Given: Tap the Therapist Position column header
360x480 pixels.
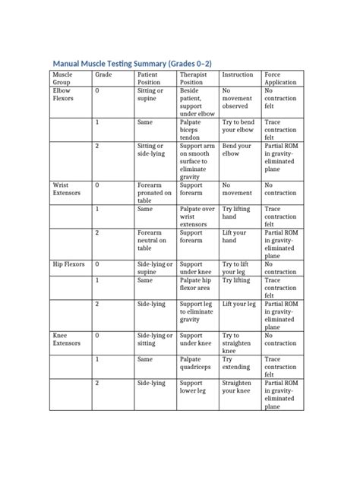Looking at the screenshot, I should [x=193, y=79].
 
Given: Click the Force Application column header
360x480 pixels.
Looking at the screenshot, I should [x=278, y=79].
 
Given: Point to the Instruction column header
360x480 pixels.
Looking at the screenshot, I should [x=237, y=75].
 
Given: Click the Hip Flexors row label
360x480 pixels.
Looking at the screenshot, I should [x=67, y=264].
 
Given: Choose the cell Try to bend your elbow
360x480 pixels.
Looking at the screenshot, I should [x=238, y=125].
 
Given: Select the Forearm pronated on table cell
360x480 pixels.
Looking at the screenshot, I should [x=150, y=193].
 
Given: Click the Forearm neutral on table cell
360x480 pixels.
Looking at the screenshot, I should [x=150, y=240].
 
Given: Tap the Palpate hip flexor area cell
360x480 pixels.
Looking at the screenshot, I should [x=195, y=284].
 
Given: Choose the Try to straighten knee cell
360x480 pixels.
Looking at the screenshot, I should [x=232, y=343].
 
